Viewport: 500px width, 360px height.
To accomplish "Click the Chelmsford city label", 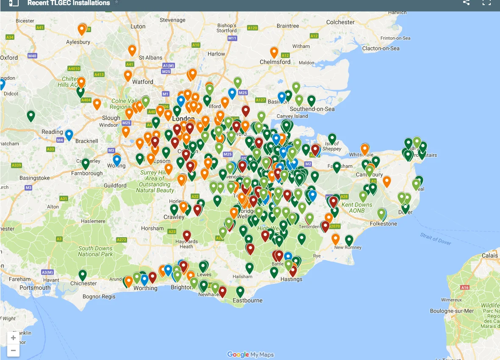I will pyautogui.click(x=275, y=62).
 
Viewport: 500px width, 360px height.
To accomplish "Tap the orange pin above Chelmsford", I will pyautogui.click(x=274, y=52).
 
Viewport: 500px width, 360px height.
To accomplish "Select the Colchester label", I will pyautogui.click(x=340, y=22).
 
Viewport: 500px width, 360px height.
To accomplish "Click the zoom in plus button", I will pyautogui.click(x=14, y=338).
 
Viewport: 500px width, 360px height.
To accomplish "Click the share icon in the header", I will pyautogui.click(x=466, y=3).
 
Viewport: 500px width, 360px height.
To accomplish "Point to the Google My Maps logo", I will pyautogui.click(x=250, y=354).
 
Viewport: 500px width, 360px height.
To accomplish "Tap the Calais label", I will pyautogui.click(x=489, y=255).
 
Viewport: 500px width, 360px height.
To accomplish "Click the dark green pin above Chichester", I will pyautogui.click(x=83, y=274).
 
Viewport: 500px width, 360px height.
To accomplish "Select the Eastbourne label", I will pyautogui.click(x=248, y=301).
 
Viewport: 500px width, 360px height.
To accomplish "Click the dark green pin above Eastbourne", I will pyautogui.click(x=240, y=291).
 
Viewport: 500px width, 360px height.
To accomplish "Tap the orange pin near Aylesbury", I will pyautogui.click(x=82, y=29).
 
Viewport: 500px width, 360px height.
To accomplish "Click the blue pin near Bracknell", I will pyautogui.click(x=69, y=134).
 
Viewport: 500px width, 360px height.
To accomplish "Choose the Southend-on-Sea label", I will pyautogui.click(x=312, y=109).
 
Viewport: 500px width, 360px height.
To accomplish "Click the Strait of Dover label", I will pyautogui.click(x=436, y=238).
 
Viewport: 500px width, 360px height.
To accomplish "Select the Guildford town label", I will pyautogui.click(x=115, y=186).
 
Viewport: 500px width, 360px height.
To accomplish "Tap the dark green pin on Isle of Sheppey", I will pyautogui.click(x=332, y=138).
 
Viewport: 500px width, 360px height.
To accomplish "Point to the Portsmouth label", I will pyautogui.click(x=35, y=288).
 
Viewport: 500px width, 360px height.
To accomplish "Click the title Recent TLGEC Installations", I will pyautogui.click(x=69, y=3).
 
